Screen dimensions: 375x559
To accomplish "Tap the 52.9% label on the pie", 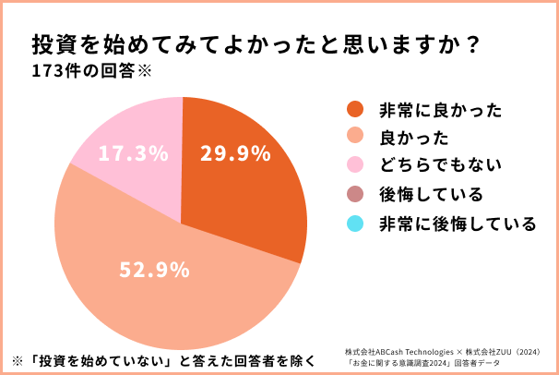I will click(155, 271).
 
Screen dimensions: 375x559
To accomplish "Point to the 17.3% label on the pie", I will click(133, 153).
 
